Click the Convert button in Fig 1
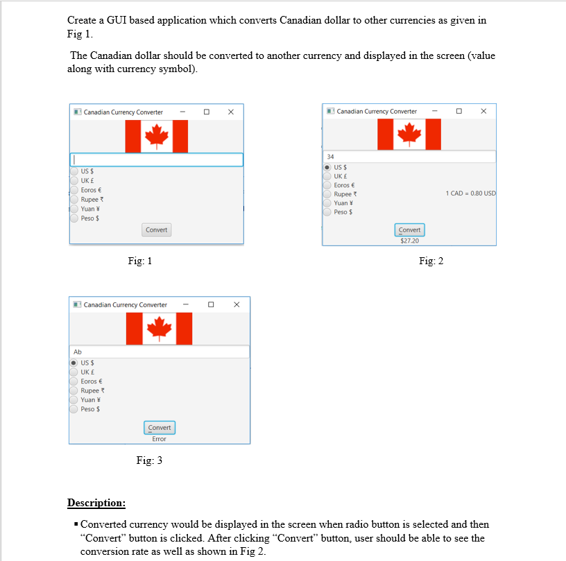click(156, 230)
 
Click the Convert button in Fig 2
click(409, 230)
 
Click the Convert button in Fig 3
click(160, 427)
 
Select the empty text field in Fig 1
click(157, 159)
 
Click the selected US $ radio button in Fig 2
click(328, 167)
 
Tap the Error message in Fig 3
click(160, 439)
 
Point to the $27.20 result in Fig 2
click(409, 241)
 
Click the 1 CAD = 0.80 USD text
click(470, 193)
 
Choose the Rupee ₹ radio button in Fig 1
click(74, 199)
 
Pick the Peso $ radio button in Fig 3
click(74, 409)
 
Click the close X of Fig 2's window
click(483, 111)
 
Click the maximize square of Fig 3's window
click(211, 304)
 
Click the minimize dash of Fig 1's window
click(182, 112)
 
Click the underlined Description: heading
click(96, 503)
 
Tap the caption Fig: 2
click(431, 261)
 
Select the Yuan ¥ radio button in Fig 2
click(328, 203)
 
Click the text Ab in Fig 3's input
click(78, 352)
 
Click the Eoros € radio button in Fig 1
click(74, 189)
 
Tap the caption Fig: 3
click(149, 460)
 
